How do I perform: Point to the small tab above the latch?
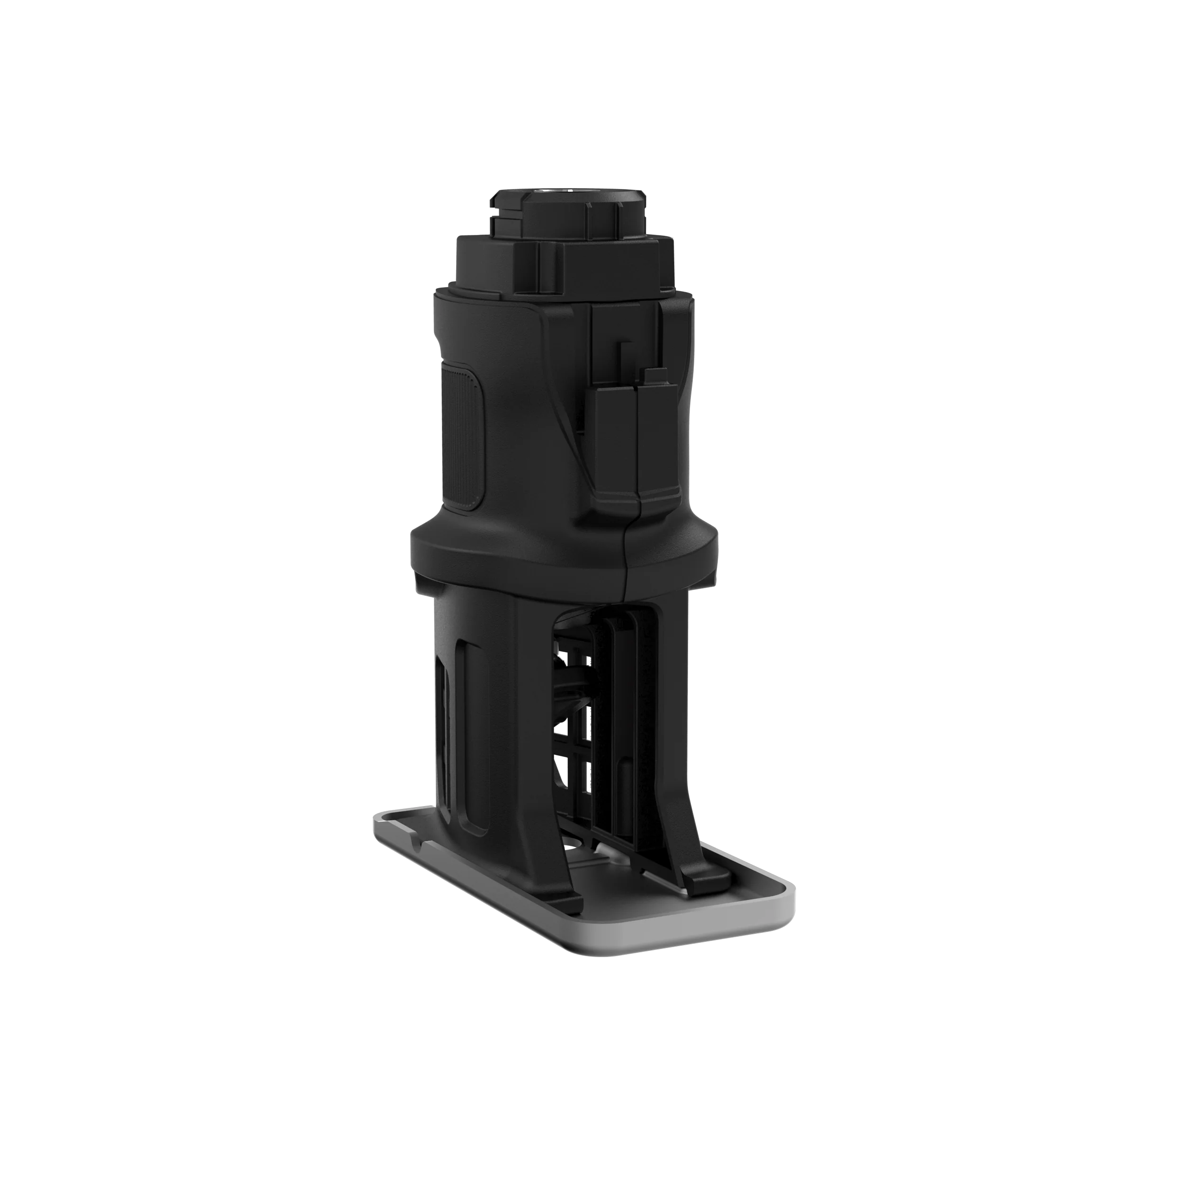(x=653, y=374)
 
